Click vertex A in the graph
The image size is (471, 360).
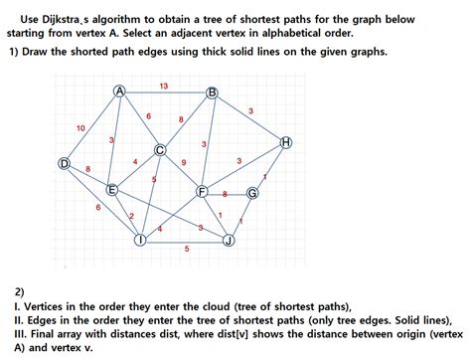point(119,91)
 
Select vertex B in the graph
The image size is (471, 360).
point(212,92)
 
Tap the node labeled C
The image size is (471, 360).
point(159,150)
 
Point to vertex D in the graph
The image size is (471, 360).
point(65,163)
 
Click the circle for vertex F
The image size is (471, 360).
point(202,191)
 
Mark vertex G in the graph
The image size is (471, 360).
point(251,193)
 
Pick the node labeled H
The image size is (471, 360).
point(286,143)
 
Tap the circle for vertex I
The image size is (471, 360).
point(141,240)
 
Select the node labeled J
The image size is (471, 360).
point(229,240)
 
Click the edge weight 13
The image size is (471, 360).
point(163,86)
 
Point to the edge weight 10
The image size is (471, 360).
point(80,128)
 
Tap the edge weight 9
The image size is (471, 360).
point(184,162)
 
